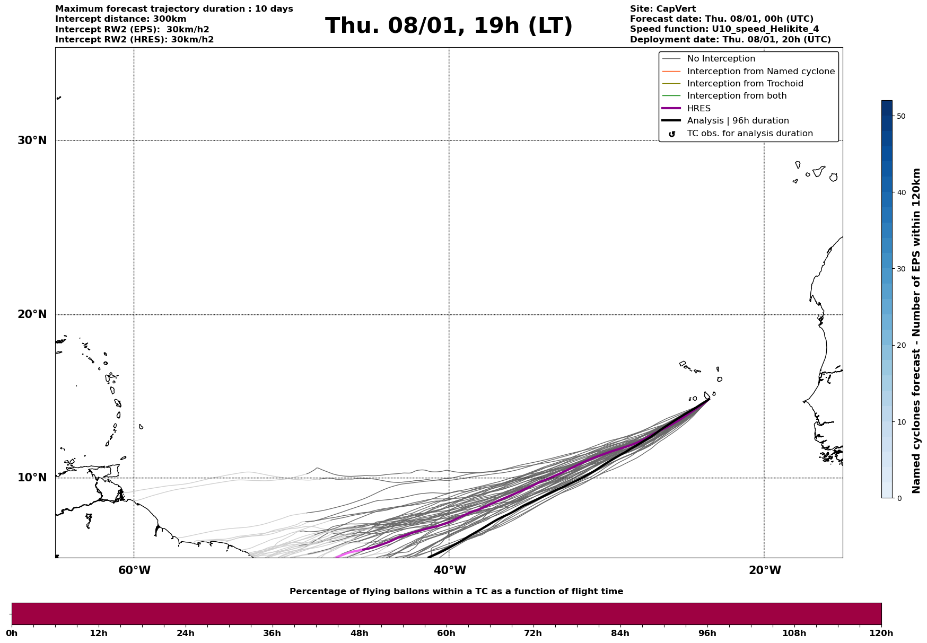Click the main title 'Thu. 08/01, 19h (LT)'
(x=449, y=26)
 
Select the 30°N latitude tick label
(x=32, y=140)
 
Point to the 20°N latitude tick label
(x=32, y=314)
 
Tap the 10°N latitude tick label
(x=32, y=478)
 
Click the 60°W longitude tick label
(x=134, y=570)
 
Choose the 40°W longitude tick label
(x=450, y=570)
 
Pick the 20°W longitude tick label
(x=765, y=570)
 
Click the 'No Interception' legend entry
(x=721, y=59)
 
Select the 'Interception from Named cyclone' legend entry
(x=760, y=72)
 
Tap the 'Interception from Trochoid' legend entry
(x=745, y=84)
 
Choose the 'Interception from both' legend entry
(x=737, y=96)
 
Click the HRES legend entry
(x=698, y=109)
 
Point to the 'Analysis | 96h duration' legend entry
(x=738, y=121)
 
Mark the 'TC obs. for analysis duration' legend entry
(x=749, y=134)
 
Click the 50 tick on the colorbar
(x=900, y=116)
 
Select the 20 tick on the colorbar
(x=900, y=346)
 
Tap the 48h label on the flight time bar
(x=359, y=633)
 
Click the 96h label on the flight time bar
(x=707, y=633)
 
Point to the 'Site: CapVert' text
(x=662, y=9)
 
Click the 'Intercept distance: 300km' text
(x=121, y=19)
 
